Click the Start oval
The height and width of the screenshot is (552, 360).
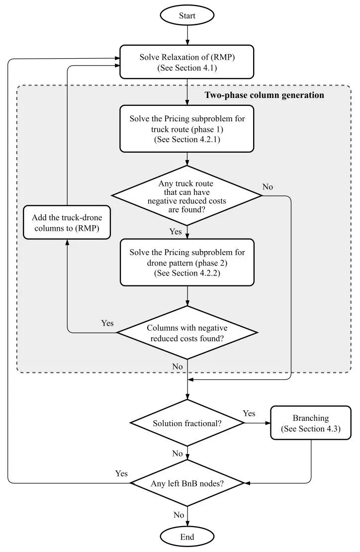coord(187,15)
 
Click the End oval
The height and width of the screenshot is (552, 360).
coord(187,537)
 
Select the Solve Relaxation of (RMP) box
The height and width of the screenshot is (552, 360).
coord(187,62)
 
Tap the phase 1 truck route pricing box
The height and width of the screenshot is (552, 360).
coord(187,129)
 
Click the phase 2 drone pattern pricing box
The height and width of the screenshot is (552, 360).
coord(187,263)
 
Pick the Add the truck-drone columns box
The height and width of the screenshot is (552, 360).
coord(67,222)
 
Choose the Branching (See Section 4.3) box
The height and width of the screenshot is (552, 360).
coord(311,423)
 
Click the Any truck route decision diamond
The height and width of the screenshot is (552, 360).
coord(187,196)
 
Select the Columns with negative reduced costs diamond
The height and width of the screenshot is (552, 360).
coord(187,333)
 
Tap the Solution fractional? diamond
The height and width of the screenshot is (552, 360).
coord(187,423)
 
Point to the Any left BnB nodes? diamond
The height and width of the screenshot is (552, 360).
coord(187,483)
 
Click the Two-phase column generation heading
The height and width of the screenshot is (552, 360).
coord(264,95)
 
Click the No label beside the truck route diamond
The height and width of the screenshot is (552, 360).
coord(268,187)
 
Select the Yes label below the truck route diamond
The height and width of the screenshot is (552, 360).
coord(176,232)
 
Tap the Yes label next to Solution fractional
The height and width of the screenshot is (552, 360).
coord(249,413)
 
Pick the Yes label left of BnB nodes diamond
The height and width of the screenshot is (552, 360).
coord(121,473)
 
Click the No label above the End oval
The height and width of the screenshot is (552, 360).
coord(179,515)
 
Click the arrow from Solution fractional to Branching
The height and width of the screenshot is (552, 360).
coord(257,423)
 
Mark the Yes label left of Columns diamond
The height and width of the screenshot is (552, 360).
coord(107,323)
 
